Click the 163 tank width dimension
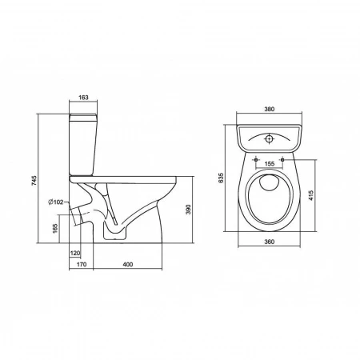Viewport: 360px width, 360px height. (83, 98)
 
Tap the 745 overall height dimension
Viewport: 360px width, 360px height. (34, 181)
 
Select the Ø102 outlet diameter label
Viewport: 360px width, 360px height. (56, 202)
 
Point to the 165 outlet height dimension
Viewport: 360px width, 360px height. (55, 229)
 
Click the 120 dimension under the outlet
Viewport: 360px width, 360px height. (75, 253)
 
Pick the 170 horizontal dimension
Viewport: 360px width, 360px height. (82, 264)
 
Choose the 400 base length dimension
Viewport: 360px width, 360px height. (127, 264)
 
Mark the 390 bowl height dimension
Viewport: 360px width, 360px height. (188, 210)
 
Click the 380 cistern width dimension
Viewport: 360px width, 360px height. (269, 109)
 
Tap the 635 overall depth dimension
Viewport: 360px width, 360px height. (221, 178)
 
